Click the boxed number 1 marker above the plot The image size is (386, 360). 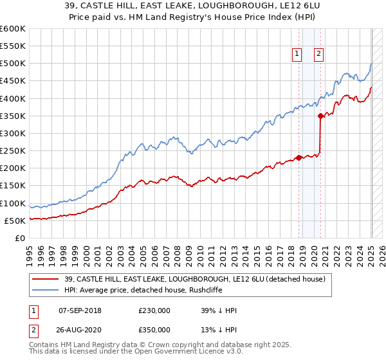click(x=297, y=55)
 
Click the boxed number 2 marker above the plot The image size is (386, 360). click(x=318, y=55)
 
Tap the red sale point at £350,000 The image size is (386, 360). click(x=320, y=116)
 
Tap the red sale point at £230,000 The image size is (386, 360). click(x=299, y=157)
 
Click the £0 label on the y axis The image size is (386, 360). click(x=19, y=238)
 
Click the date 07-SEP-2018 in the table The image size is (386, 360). click(x=80, y=310)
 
